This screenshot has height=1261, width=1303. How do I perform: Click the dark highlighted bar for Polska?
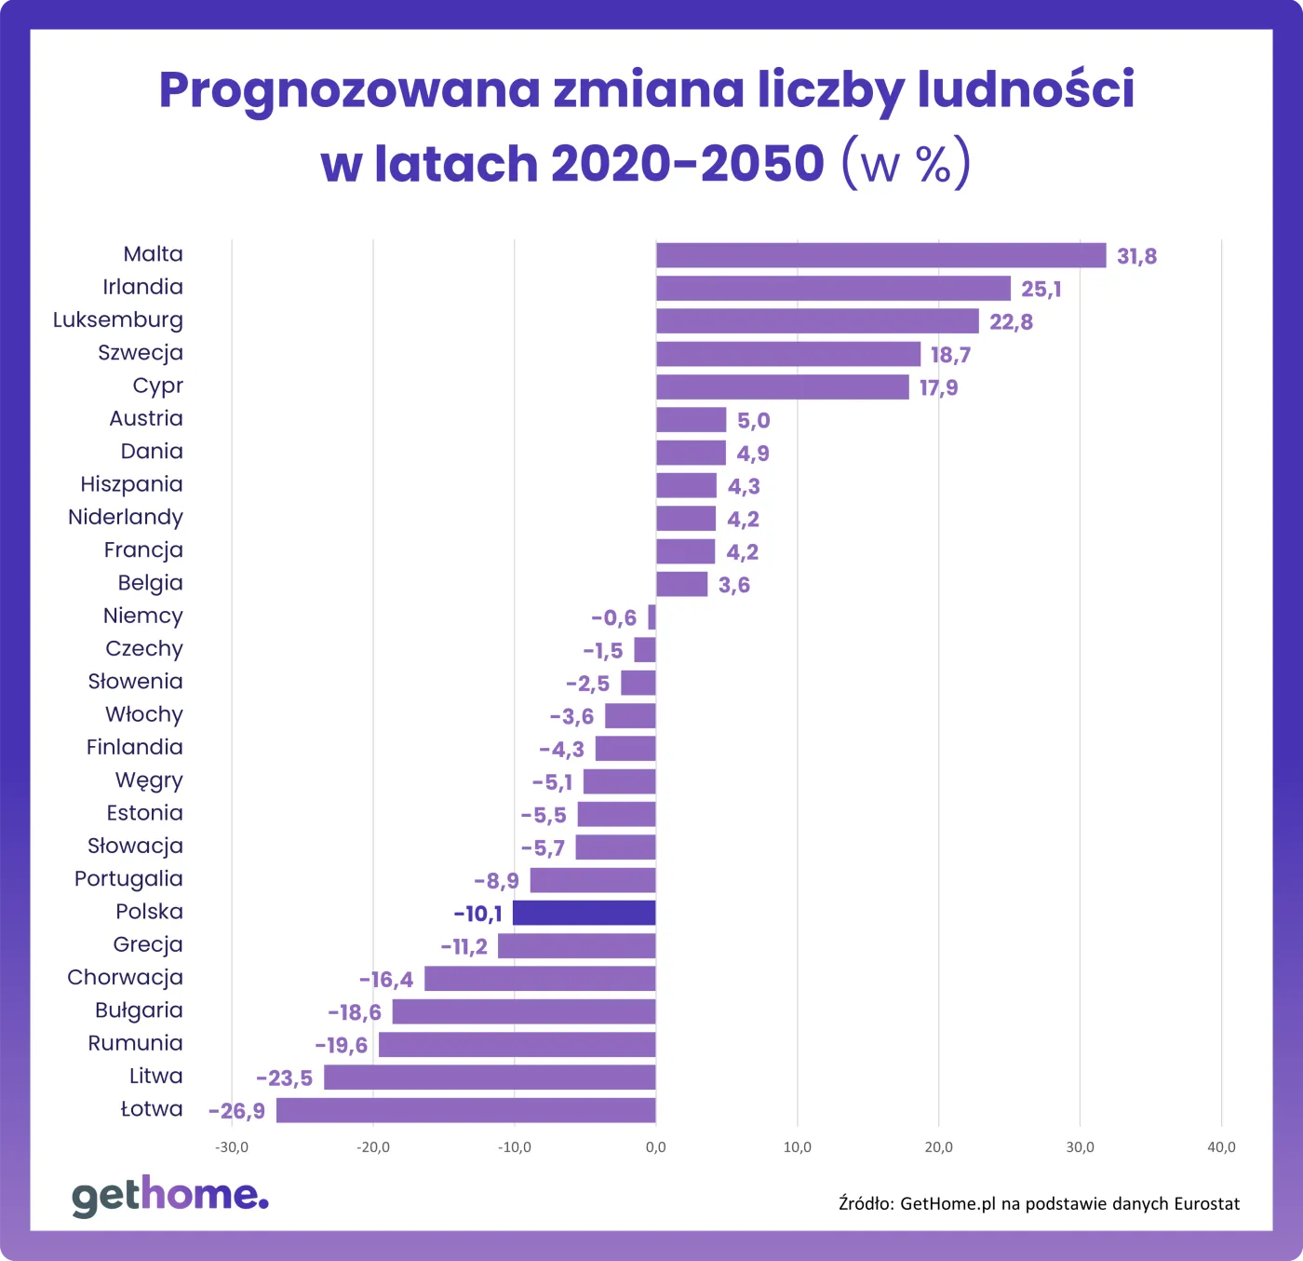pyautogui.click(x=584, y=913)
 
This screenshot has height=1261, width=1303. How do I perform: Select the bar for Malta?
pyautogui.click(x=880, y=255)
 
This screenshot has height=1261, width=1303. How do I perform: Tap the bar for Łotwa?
pyautogui.click(x=465, y=1110)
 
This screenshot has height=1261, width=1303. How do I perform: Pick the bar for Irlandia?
pyautogui.click(x=833, y=288)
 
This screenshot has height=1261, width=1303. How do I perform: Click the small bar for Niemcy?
pyautogui.click(x=651, y=617)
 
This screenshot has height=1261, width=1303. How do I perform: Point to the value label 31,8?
pyautogui.click(x=1136, y=256)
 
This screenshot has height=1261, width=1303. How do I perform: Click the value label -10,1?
pyautogui.click(x=477, y=914)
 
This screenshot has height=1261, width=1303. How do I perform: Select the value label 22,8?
pyautogui.click(x=1011, y=322)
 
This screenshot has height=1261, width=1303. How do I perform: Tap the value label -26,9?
pyautogui.click(x=236, y=1111)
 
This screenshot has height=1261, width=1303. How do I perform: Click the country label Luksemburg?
pyautogui.click(x=118, y=320)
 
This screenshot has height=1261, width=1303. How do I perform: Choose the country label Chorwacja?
pyautogui.click(x=125, y=978)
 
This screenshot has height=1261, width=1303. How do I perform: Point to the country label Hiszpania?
pyautogui.click(x=131, y=484)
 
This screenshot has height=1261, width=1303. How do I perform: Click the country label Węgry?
pyautogui.click(x=149, y=780)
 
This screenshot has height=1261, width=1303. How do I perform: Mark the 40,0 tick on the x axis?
pyautogui.click(x=1221, y=1147)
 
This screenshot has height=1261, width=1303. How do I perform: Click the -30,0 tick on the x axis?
pyautogui.click(x=232, y=1147)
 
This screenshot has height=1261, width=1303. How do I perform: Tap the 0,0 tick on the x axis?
pyautogui.click(x=655, y=1147)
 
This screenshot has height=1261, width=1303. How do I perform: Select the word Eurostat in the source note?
pyautogui.click(x=1206, y=1203)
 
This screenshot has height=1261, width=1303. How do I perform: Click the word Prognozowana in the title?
pyautogui.click(x=349, y=90)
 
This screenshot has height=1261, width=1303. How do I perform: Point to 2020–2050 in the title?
pyautogui.click(x=687, y=164)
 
